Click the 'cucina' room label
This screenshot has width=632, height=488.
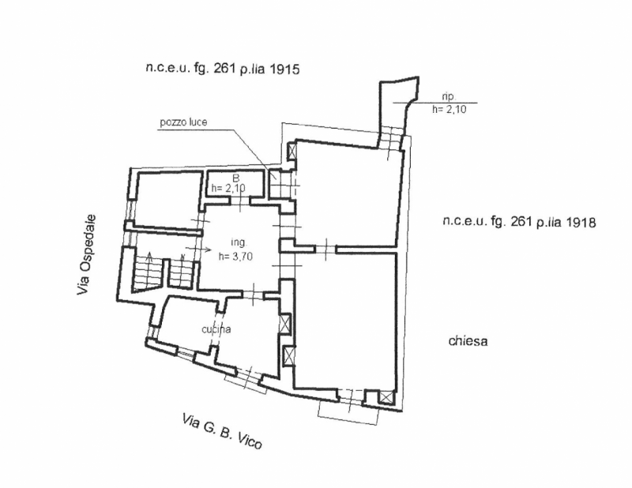click(x=216, y=329)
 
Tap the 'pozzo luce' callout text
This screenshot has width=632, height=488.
click(x=183, y=122)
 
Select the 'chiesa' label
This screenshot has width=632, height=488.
click(x=468, y=341)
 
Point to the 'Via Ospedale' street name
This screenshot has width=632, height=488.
click(x=87, y=254)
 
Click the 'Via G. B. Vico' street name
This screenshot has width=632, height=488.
click(x=222, y=431)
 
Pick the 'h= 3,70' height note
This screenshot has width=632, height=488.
click(x=235, y=256)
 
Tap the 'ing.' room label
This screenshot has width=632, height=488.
click(x=239, y=242)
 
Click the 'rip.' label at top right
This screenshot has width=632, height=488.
click(x=449, y=96)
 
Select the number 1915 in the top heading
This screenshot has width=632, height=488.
click(x=284, y=69)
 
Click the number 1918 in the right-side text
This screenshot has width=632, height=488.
click(x=580, y=222)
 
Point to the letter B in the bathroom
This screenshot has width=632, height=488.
click(x=236, y=178)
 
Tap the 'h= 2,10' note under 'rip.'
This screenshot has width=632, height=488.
click(x=449, y=109)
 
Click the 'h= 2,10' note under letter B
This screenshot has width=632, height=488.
click(x=228, y=188)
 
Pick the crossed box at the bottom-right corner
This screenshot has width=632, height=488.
click(x=386, y=398)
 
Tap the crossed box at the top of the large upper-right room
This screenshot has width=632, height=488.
click(x=292, y=152)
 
